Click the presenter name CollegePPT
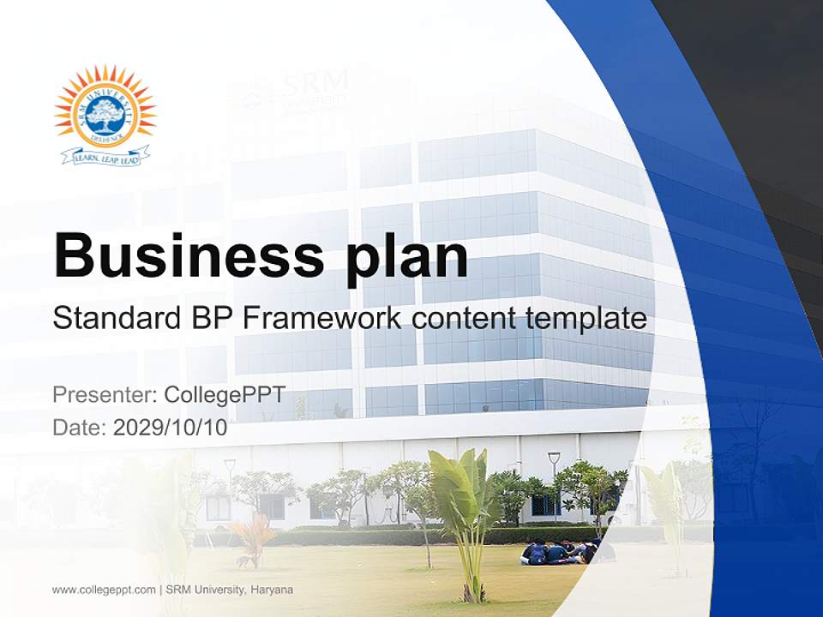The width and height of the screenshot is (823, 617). [224, 395]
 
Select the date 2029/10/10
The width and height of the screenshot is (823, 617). [171, 428]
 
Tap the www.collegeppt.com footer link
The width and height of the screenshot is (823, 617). [104, 590]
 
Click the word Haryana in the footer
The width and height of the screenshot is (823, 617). [272, 590]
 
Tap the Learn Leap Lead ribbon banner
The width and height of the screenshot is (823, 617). [105, 157]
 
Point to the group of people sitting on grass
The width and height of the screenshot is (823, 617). [557, 552]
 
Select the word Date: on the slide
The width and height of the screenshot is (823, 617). [80, 428]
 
